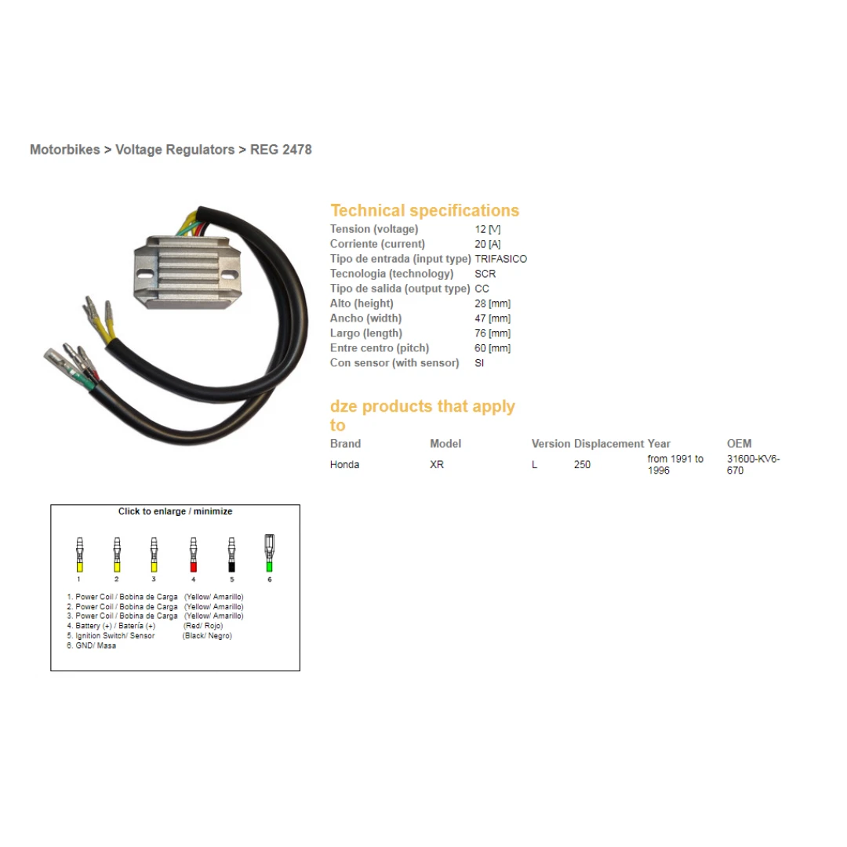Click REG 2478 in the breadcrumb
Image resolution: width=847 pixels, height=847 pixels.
(281, 150)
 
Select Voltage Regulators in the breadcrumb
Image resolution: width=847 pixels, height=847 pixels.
(175, 150)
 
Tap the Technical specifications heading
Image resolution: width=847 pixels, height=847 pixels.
(424, 210)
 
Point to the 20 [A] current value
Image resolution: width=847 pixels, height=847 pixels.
(488, 244)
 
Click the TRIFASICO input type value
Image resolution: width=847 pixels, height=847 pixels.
(500, 259)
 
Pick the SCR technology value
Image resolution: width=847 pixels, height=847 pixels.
(485, 274)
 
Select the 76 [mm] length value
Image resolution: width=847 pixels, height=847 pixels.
(493, 333)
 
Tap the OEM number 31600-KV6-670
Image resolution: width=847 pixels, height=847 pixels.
(754, 464)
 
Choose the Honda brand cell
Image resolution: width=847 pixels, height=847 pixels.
(344, 464)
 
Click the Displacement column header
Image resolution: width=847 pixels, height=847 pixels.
(609, 443)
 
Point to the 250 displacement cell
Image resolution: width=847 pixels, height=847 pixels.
(582, 464)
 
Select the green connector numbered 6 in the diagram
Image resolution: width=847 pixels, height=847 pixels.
(269, 553)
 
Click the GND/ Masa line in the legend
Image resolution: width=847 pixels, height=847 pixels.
(91, 645)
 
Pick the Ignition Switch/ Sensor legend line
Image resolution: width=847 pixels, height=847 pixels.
(111, 636)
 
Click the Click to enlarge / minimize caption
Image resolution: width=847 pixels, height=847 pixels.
(175, 511)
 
